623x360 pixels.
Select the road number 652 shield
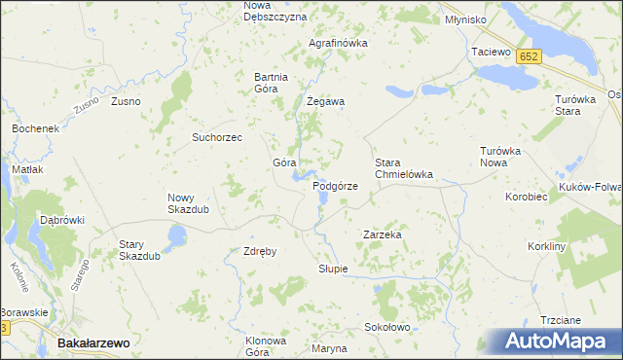click(529, 56)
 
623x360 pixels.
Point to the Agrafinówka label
click(338, 44)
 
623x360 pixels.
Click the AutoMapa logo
click(551, 342)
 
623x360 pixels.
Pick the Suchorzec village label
click(223, 137)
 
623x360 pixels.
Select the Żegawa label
click(326, 101)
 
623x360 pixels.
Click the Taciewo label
click(491, 52)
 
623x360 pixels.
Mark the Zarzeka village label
click(383, 235)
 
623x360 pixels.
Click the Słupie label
click(333, 269)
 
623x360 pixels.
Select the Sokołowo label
click(386, 328)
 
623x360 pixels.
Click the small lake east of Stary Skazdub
click(177, 234)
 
